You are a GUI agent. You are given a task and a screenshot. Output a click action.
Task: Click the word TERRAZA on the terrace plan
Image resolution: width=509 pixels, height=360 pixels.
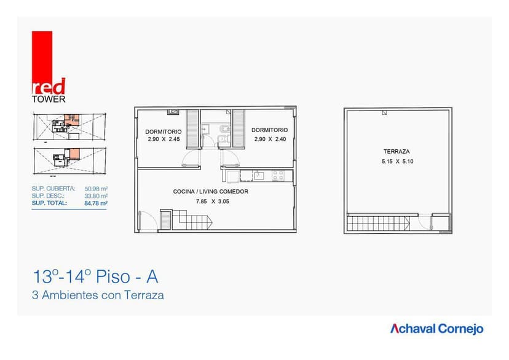[397, 151]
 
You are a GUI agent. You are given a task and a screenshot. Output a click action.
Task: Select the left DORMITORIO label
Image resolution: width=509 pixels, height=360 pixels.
[163, 131]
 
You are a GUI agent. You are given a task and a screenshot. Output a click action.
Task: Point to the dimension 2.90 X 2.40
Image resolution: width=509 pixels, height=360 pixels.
[269, 139]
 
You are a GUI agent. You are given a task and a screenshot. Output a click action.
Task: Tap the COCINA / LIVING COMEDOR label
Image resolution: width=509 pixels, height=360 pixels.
[211, 192]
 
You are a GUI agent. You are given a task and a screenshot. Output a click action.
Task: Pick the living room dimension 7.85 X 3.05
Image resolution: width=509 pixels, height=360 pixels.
[212, 202]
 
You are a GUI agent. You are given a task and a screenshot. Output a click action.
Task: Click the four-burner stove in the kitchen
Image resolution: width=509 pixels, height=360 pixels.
[278, 176]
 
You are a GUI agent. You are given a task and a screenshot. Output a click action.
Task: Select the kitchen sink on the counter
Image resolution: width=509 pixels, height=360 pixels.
[259, 176]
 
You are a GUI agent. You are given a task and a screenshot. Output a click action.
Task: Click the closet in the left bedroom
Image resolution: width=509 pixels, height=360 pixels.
[193, 128]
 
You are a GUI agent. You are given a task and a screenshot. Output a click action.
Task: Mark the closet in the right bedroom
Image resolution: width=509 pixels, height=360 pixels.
[239, 128]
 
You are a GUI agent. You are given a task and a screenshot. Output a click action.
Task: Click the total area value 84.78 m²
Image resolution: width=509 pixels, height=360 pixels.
[97, 203]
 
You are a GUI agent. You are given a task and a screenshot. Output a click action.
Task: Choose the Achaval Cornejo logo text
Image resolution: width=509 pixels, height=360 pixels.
[436, 329]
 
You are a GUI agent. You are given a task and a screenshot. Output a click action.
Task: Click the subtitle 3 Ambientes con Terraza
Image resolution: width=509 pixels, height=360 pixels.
[98, 295]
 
